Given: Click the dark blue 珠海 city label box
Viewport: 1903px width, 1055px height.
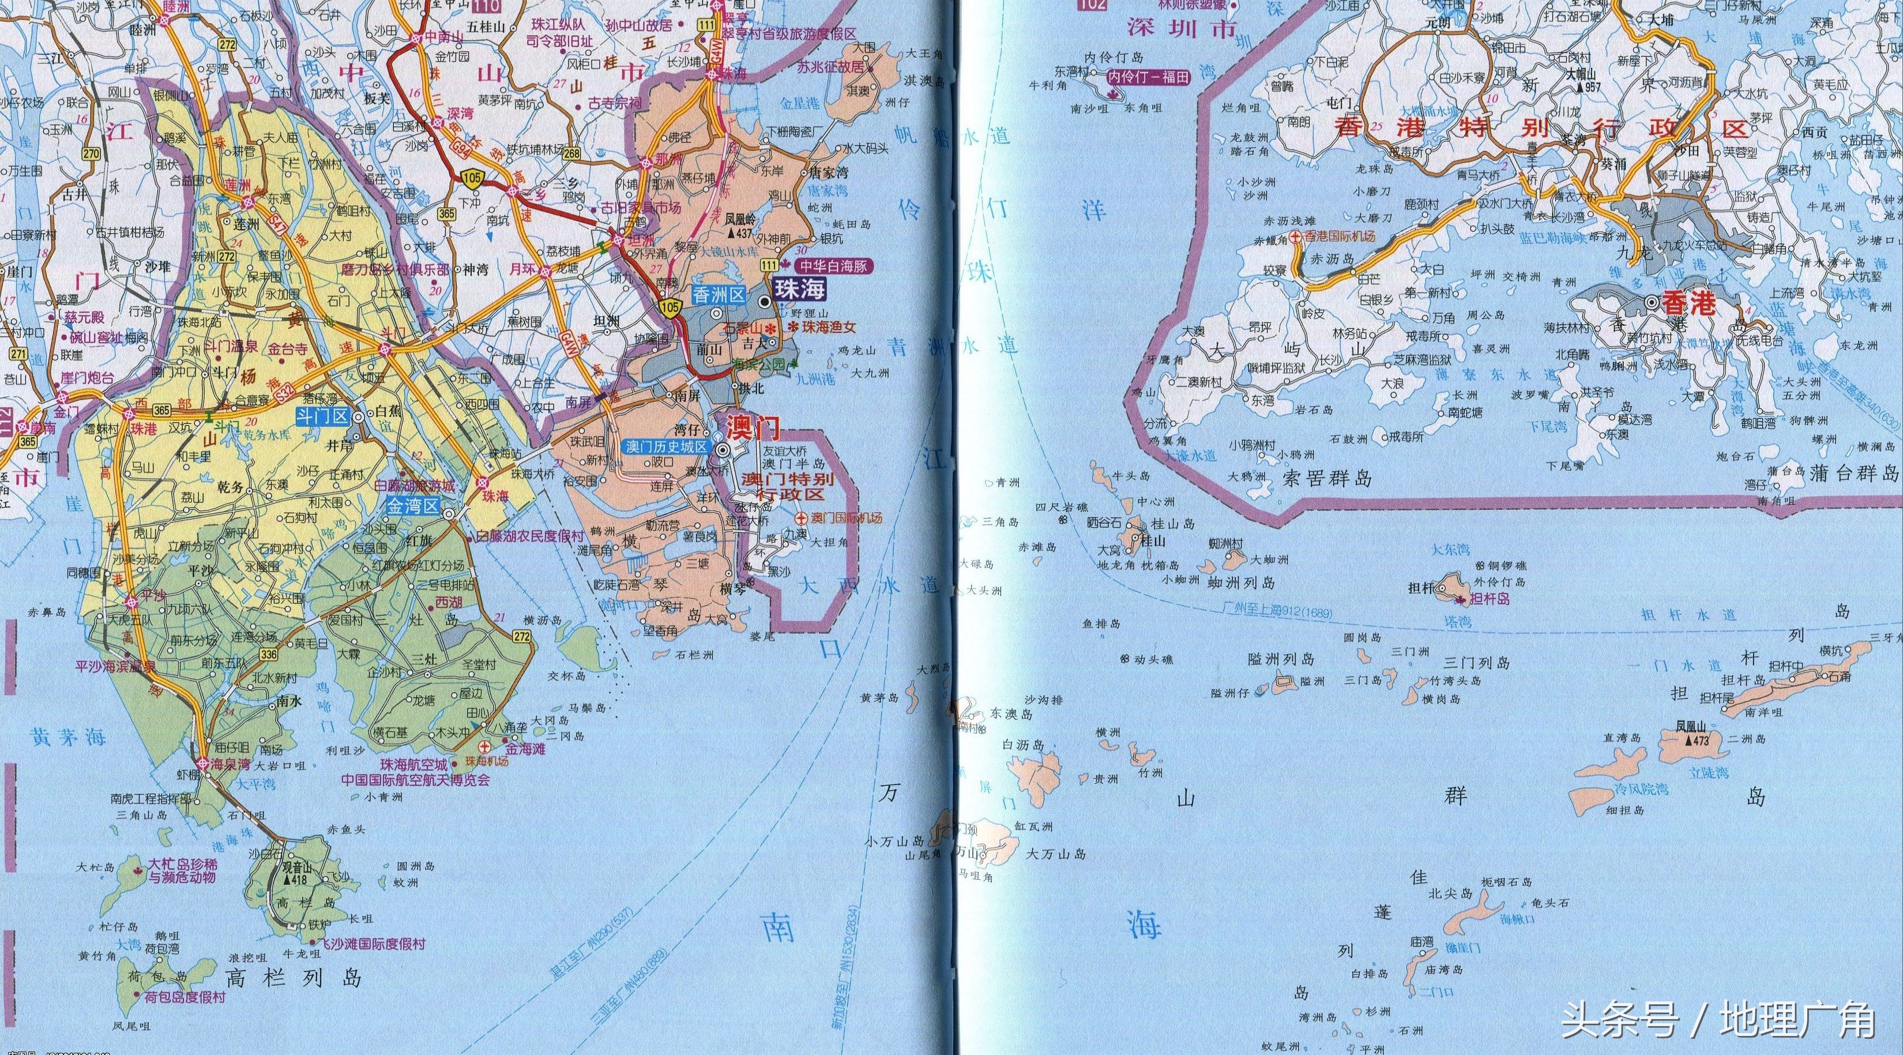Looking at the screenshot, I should (x=799, y=289).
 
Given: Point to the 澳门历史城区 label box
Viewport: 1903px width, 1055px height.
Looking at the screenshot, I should (x=667, y=447).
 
